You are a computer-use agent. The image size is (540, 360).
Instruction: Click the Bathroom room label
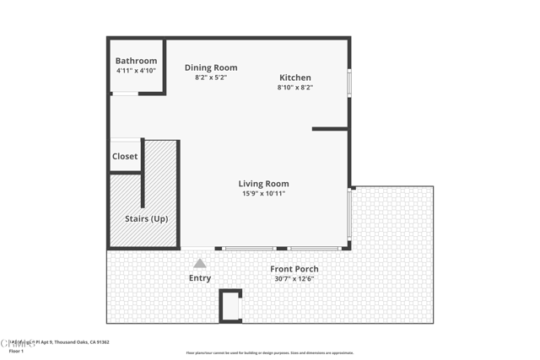136,61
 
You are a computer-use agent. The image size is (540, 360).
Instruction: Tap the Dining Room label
211,67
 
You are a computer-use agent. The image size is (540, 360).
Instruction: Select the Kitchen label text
295,78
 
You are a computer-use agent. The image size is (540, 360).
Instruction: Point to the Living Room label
263,184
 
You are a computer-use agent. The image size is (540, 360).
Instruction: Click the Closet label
125,156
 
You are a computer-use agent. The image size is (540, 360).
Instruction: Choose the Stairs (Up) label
147,218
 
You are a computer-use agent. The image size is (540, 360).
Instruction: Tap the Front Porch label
294,269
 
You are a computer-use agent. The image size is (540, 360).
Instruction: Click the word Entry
200,278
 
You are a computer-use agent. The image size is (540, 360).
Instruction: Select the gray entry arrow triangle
200,263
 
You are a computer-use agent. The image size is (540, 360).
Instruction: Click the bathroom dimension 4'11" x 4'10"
136,71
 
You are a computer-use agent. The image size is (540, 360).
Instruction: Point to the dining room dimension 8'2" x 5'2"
211,78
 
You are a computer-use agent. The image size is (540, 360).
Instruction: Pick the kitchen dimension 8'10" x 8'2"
295,88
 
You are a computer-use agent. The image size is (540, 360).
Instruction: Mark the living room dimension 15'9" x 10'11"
263,194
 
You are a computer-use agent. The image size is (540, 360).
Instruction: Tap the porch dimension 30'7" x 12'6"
294,279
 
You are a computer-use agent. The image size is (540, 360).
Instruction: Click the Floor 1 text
16,350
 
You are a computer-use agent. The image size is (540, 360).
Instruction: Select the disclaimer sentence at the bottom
269,353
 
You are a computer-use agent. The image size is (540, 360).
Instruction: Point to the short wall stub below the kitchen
330,129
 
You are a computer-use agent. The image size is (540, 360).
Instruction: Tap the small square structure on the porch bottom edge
230,306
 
